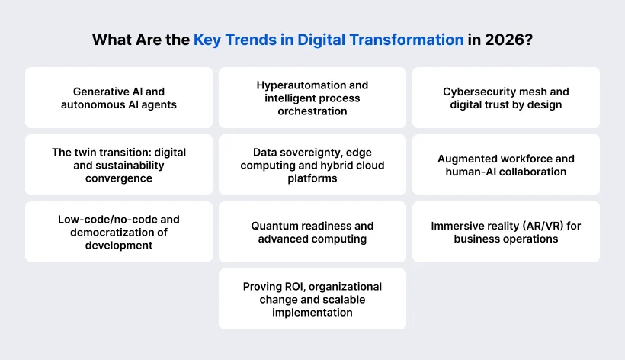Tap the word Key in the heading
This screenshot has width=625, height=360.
(x=207, y=40)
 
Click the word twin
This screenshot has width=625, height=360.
(x=86, y=152)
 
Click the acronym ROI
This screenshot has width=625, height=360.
(x=293, y=286)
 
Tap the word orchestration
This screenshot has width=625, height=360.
(x=312, y=111)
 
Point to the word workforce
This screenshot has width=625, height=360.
(x=527, y=159)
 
